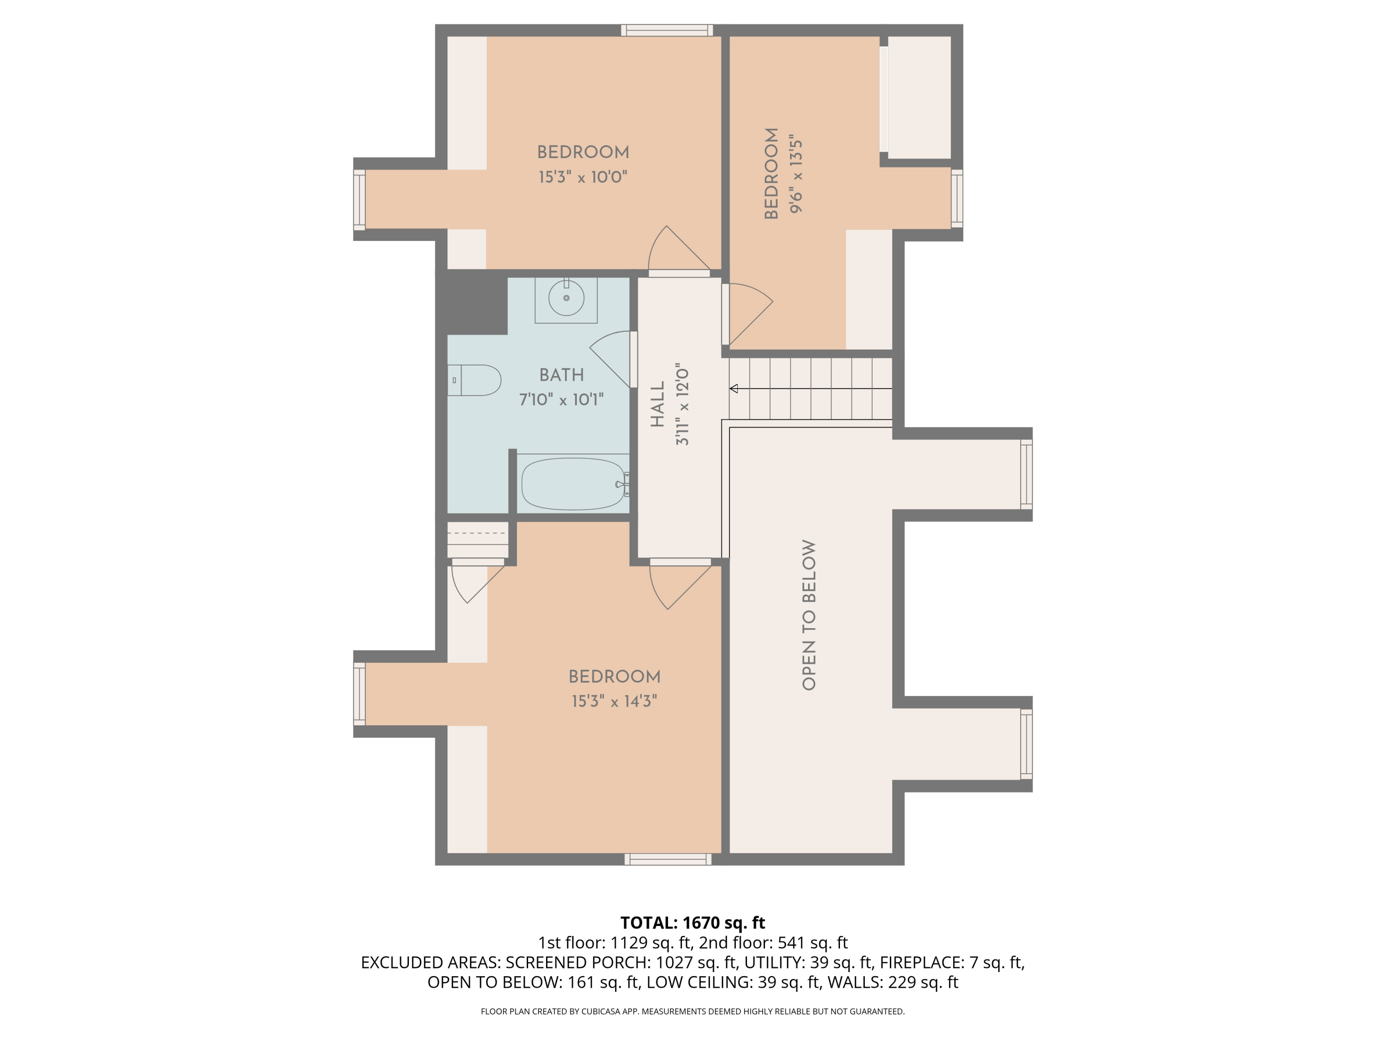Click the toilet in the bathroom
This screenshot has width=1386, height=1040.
click(x=474, y=380)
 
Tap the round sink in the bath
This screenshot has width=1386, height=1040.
click(x=566, y=298)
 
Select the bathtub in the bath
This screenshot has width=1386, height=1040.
click(x=574, y=484)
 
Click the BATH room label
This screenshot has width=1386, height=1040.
click(x=561, y=375)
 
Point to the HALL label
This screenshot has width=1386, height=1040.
click(x=657, y=404)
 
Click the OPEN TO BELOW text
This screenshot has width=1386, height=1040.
click(x=809, y=615)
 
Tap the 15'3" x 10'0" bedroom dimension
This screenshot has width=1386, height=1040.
click(x=583, y=177)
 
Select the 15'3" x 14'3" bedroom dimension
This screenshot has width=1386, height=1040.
click(x=614, y=701)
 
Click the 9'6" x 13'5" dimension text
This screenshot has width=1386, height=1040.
click(x=796, y=174)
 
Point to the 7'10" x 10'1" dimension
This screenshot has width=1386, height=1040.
click(x=561, y=399)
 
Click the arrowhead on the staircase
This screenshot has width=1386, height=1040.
click(x=734, y=389)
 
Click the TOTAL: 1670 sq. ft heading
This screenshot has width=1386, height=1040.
click(x=693, y=923)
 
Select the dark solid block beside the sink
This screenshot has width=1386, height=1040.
click(x=477, y=302)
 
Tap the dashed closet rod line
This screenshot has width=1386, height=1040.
click(x=477, y=533)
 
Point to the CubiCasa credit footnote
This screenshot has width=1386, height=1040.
click(x=693, y=1011)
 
